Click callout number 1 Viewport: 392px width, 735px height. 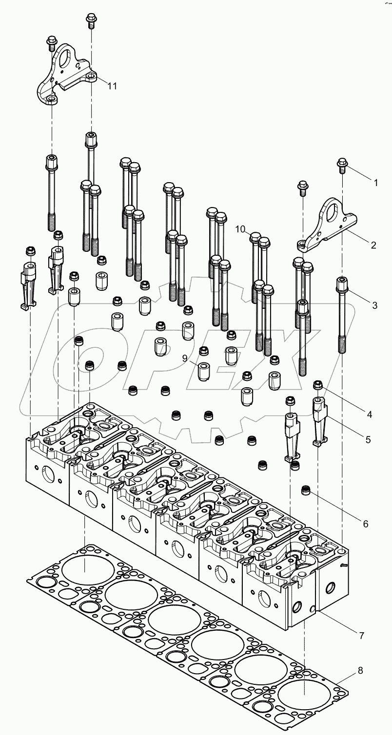(x=375, y=184)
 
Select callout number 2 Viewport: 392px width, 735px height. (x=373, y=245)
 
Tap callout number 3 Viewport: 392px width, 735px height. (x=374, y=306)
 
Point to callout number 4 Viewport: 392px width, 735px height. (x=369, y=415)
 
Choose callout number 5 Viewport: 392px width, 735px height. (x=368, y=439)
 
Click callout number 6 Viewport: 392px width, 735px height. (x=366, y=524)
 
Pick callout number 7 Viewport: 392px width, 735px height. (x=361, y=635)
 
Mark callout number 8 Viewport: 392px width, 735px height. (x=360, y=670)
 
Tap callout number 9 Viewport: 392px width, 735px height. (x=185, y=358)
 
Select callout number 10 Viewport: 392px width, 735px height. (x=240, y=228)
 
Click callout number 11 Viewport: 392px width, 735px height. (x=113, y=86)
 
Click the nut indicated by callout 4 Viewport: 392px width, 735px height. (x=318, y=386)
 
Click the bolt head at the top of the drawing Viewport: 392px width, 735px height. (x=91, y=19)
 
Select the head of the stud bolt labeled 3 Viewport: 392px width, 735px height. (x=342, y=283)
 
